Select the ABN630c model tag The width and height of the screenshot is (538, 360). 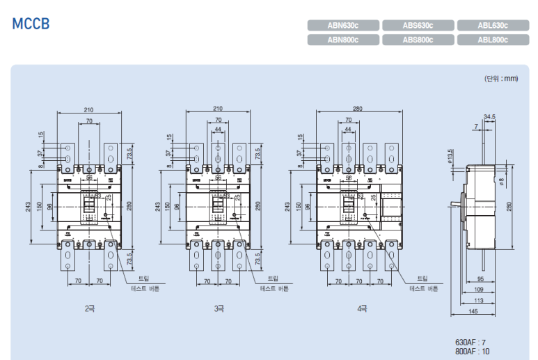click(343, 26)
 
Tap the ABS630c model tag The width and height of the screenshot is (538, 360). click(418, 26)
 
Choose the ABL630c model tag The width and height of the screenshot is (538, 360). click(493, 26)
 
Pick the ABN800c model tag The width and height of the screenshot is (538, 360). click(343, 40)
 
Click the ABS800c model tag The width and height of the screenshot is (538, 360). click(418, 40)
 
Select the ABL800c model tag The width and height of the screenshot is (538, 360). click(493, 40)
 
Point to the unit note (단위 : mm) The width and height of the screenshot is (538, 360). click(501, 78)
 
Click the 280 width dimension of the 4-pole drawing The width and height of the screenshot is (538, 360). click(358, 109)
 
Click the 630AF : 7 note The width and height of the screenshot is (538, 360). click(470, 342)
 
